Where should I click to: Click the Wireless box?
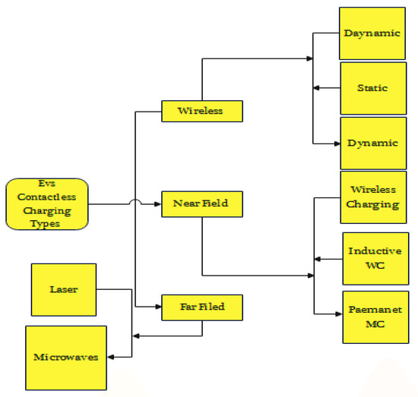coord(201,111)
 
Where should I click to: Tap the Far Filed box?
coord(201,307)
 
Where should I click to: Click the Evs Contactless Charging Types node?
coord(46,203)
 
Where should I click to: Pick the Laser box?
coord(64,289)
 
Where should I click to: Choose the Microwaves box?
coord(66,357)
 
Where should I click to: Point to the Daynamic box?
coord(372,34)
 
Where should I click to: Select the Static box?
coord(372,88)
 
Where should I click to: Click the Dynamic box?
coord(372,143)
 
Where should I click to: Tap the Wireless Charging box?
coord(372,197)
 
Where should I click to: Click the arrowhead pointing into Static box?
coord(316,88)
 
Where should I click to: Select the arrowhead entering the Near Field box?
coord(157,203)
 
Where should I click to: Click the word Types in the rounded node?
coord(46,225)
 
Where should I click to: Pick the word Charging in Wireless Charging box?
coord(372,203)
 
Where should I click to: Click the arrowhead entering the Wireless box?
coord(157,112)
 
